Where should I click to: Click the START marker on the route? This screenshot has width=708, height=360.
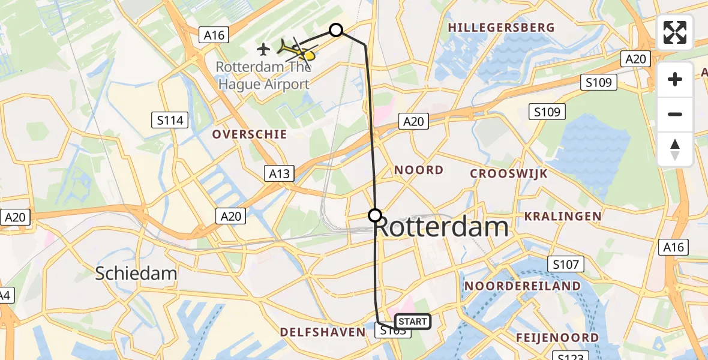click(x=413, y=322)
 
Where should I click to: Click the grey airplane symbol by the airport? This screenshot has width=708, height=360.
click(x=263, y=49)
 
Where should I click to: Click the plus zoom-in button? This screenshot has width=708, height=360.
click(x=675, y=79)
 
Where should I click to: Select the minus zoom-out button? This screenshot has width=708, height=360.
click(x=675, y=114)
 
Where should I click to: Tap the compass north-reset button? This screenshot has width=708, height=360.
click(x=675, y=149)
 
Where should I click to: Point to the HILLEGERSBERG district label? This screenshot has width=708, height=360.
click(x=501, y=28)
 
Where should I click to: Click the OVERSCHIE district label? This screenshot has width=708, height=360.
click(x=249, y=134)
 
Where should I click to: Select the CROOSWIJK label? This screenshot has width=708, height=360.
click(x=509, y=173)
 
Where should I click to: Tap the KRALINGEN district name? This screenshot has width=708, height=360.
click(x=563, y=216)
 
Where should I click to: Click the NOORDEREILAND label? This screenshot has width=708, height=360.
click(x=523, y=286)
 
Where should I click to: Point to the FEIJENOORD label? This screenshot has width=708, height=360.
click(x=557, y=338)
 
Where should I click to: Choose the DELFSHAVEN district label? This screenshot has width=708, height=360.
click(x=322, y=332)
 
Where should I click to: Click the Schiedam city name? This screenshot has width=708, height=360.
click(x=136, y=274)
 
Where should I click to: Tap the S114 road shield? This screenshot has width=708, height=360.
click(x=170, y=121)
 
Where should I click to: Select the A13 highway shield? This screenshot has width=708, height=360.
click(x=279, y=174)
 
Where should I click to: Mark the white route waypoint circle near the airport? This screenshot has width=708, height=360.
click(x=336, y=30)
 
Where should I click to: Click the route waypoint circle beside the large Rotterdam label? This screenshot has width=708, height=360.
click(x=375, y=215)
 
